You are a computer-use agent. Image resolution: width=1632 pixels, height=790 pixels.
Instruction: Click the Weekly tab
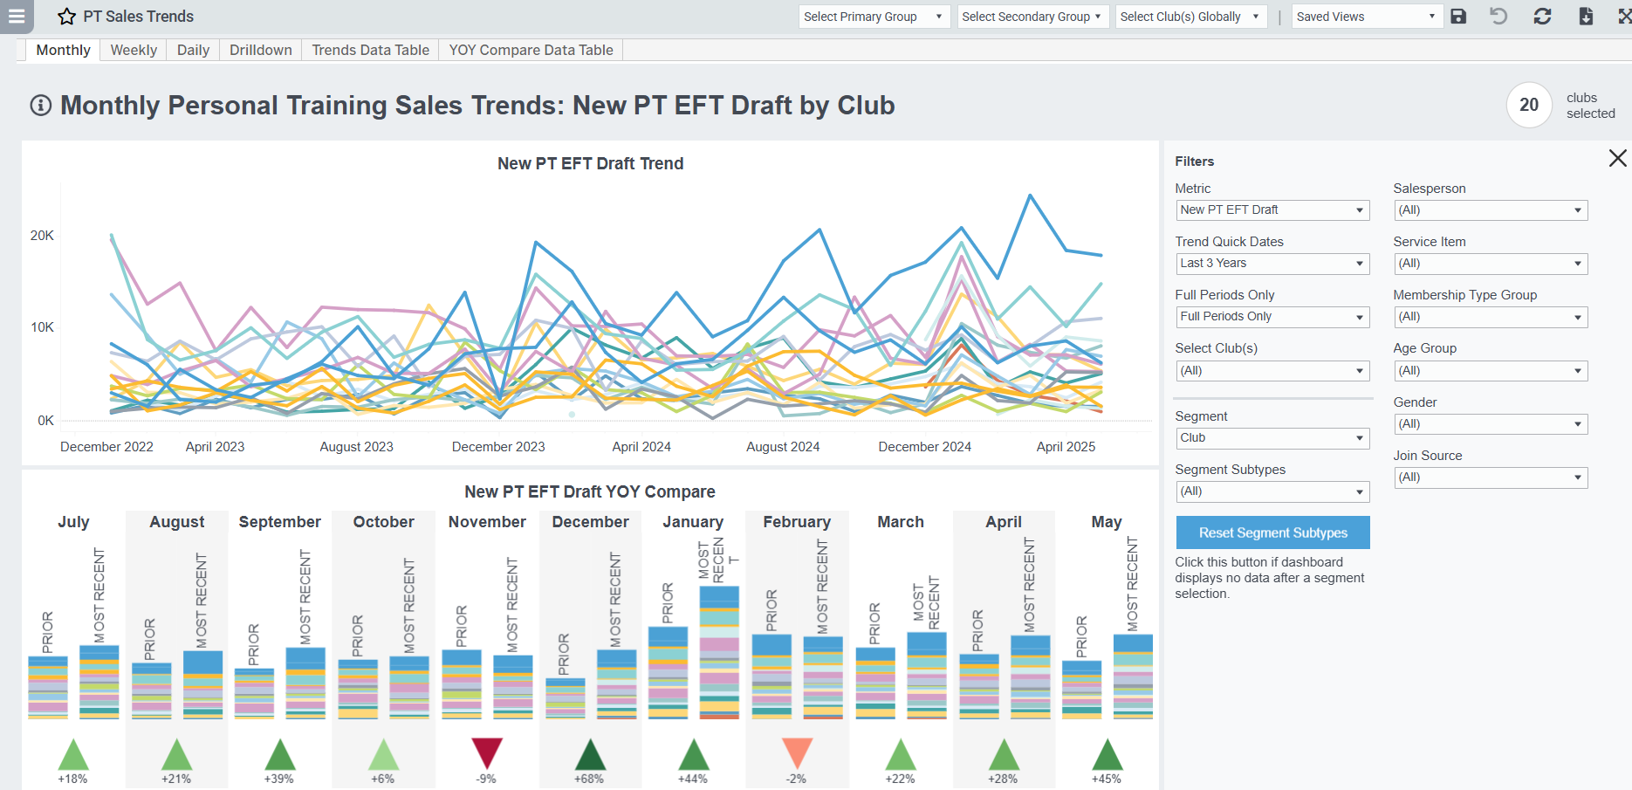pyautogui.click(x=134, y=50)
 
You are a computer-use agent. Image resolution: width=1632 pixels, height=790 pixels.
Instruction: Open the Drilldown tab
pyautogui.click(x=260, y=50)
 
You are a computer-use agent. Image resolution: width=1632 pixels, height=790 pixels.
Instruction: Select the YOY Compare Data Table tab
pyautogui.click(x=531, y=50)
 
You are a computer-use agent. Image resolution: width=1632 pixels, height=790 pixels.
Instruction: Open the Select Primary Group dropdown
pyautogui.click(x=873, y=17)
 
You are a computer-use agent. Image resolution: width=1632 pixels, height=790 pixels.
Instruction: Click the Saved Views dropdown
pyautogui.click(x=1365, y=17)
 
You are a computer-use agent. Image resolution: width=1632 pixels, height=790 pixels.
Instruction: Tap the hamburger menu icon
pyautogui.click(x=17, y=16)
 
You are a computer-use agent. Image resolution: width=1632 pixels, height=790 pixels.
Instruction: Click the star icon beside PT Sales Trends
pyautogui.click(x=67, y=17)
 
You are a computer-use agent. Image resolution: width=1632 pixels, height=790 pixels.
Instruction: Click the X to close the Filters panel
pyautogui.click(x=1617, y=158)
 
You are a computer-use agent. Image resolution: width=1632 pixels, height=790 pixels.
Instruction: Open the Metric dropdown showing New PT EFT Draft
pyautogui.click(x=1272, y=210)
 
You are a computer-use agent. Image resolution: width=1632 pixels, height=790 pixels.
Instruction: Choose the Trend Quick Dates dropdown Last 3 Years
pyautogui.click(x=1272, y=264)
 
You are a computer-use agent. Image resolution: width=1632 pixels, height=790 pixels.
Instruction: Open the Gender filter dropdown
pyautogui.click(x=1490, y=424)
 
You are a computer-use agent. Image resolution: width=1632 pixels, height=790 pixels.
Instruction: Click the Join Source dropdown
pyautogui.click(x=1490, y=477)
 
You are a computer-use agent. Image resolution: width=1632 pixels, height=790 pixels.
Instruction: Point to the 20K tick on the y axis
pyautogui.click(x=42, y=236)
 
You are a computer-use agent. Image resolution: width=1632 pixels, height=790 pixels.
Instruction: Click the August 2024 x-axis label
pyautogui.click(x=783, y=447)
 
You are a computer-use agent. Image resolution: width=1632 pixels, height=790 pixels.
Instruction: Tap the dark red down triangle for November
pyautogui.click(x=487, y=752)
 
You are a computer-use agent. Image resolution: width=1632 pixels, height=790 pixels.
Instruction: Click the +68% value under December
pyautogui.click(x=589, y=779)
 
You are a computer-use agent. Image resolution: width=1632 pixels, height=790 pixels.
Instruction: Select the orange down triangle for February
pyautogui.click(x=797, y=752)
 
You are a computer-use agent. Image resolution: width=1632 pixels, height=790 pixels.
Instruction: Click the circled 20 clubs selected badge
pyautogui.click(x=1529, y=105)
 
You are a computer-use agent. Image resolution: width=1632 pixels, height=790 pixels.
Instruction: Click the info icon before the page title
pyautogui.click(x=41, y=106)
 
